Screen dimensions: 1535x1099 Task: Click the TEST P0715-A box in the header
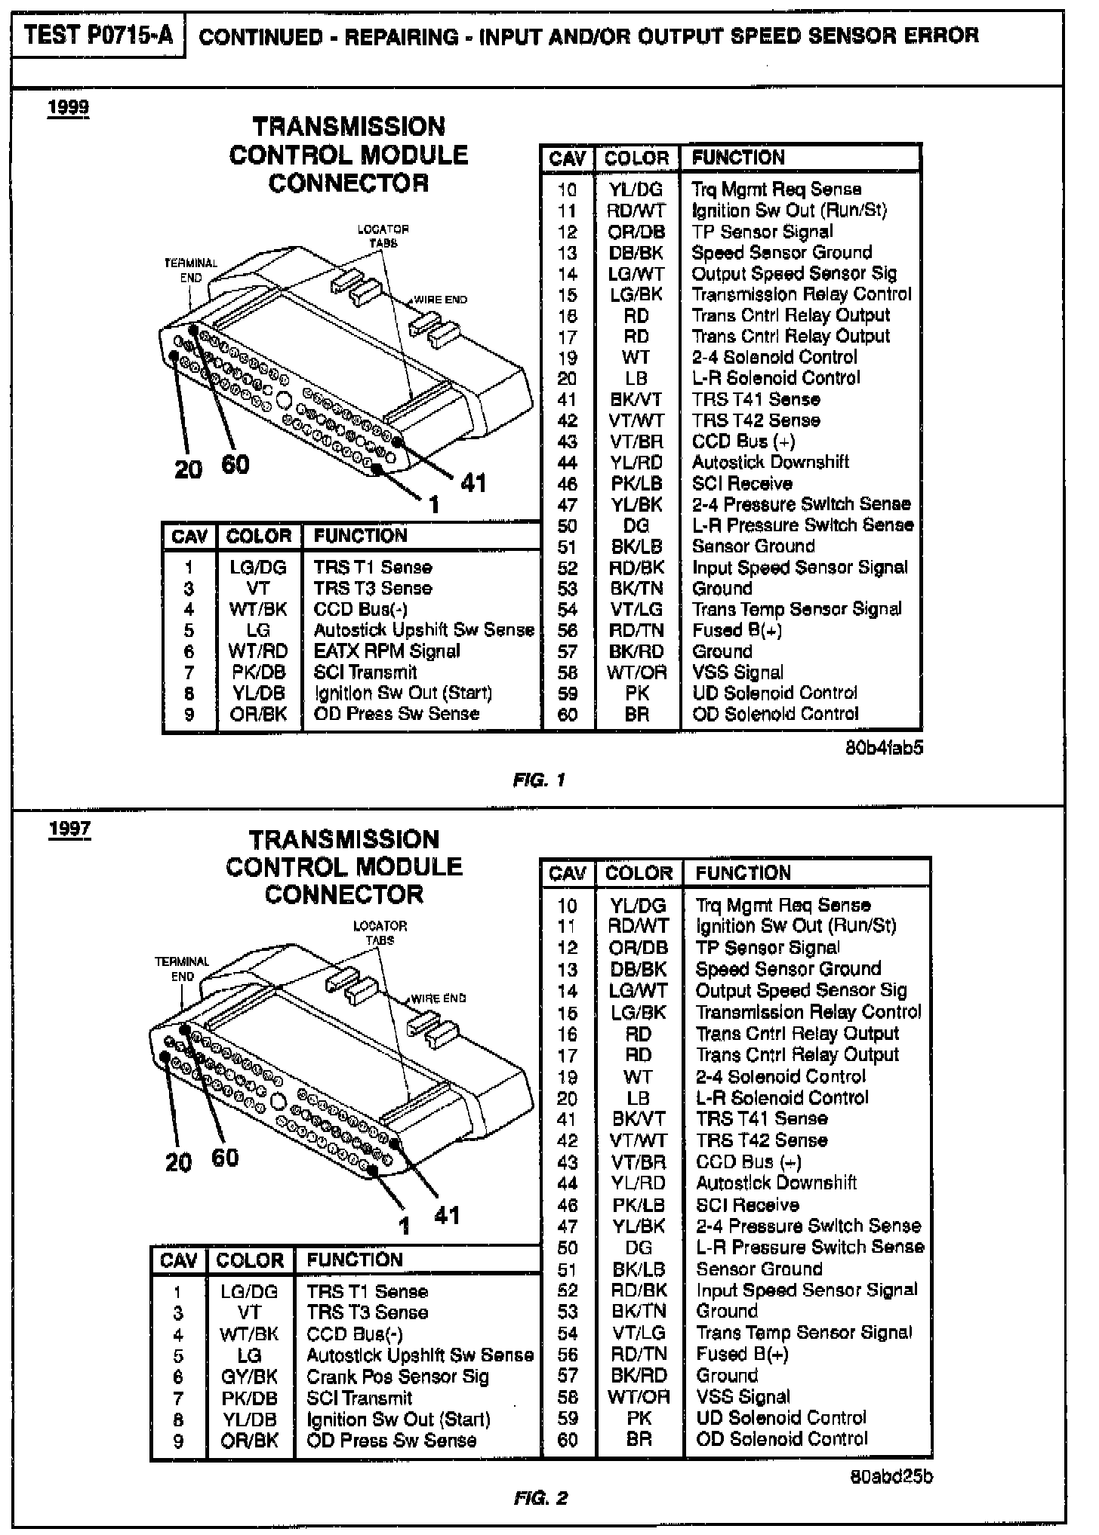pyautogui.click(x=98, y=35)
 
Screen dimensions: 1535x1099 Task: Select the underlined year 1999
pyautogui.click(x=69, y=108)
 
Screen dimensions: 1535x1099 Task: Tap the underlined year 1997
pyautogui.click(x=69, y=829)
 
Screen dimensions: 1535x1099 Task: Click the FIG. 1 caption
pyautogui.click(x=539, y=780)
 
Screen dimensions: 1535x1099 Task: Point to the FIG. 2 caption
pyautogui.click(x=540, y=1498)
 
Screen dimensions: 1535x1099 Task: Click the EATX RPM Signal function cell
pyautogui.click(x=387, y=651)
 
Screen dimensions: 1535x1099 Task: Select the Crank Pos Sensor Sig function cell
pyautogui.click(x=398, y=1377)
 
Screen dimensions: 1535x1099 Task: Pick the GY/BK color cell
pyautogui.click(x=250, y=1377)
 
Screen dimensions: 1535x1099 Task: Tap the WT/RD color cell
pyautogui.click(x=258, y=651)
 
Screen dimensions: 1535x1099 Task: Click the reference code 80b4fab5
pyautogui.click(x=884, y=748)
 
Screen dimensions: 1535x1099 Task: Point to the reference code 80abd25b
pyautogui.click(x=891, y=1476)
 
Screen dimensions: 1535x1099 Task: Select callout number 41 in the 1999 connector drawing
pyautogui.click(x=473, y=482)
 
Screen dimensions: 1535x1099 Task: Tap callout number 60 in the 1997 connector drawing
pyautogui.click(x=225, y=1158)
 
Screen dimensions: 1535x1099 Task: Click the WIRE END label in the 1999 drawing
pyautogui.click(x=440, y=300)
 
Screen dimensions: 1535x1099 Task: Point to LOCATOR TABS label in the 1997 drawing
pyautogui.click(x=380, y=933)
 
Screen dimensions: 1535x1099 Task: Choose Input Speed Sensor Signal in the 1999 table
pyautogui.click(x=800, y=568)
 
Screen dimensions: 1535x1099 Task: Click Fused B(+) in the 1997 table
pyautogui.click(x=742, y=1354)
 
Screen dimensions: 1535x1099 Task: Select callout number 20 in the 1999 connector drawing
pyautogui.click(x=189, y=469)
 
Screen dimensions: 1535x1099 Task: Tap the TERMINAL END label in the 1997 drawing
pyautogui.click(x=182, y=969)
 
